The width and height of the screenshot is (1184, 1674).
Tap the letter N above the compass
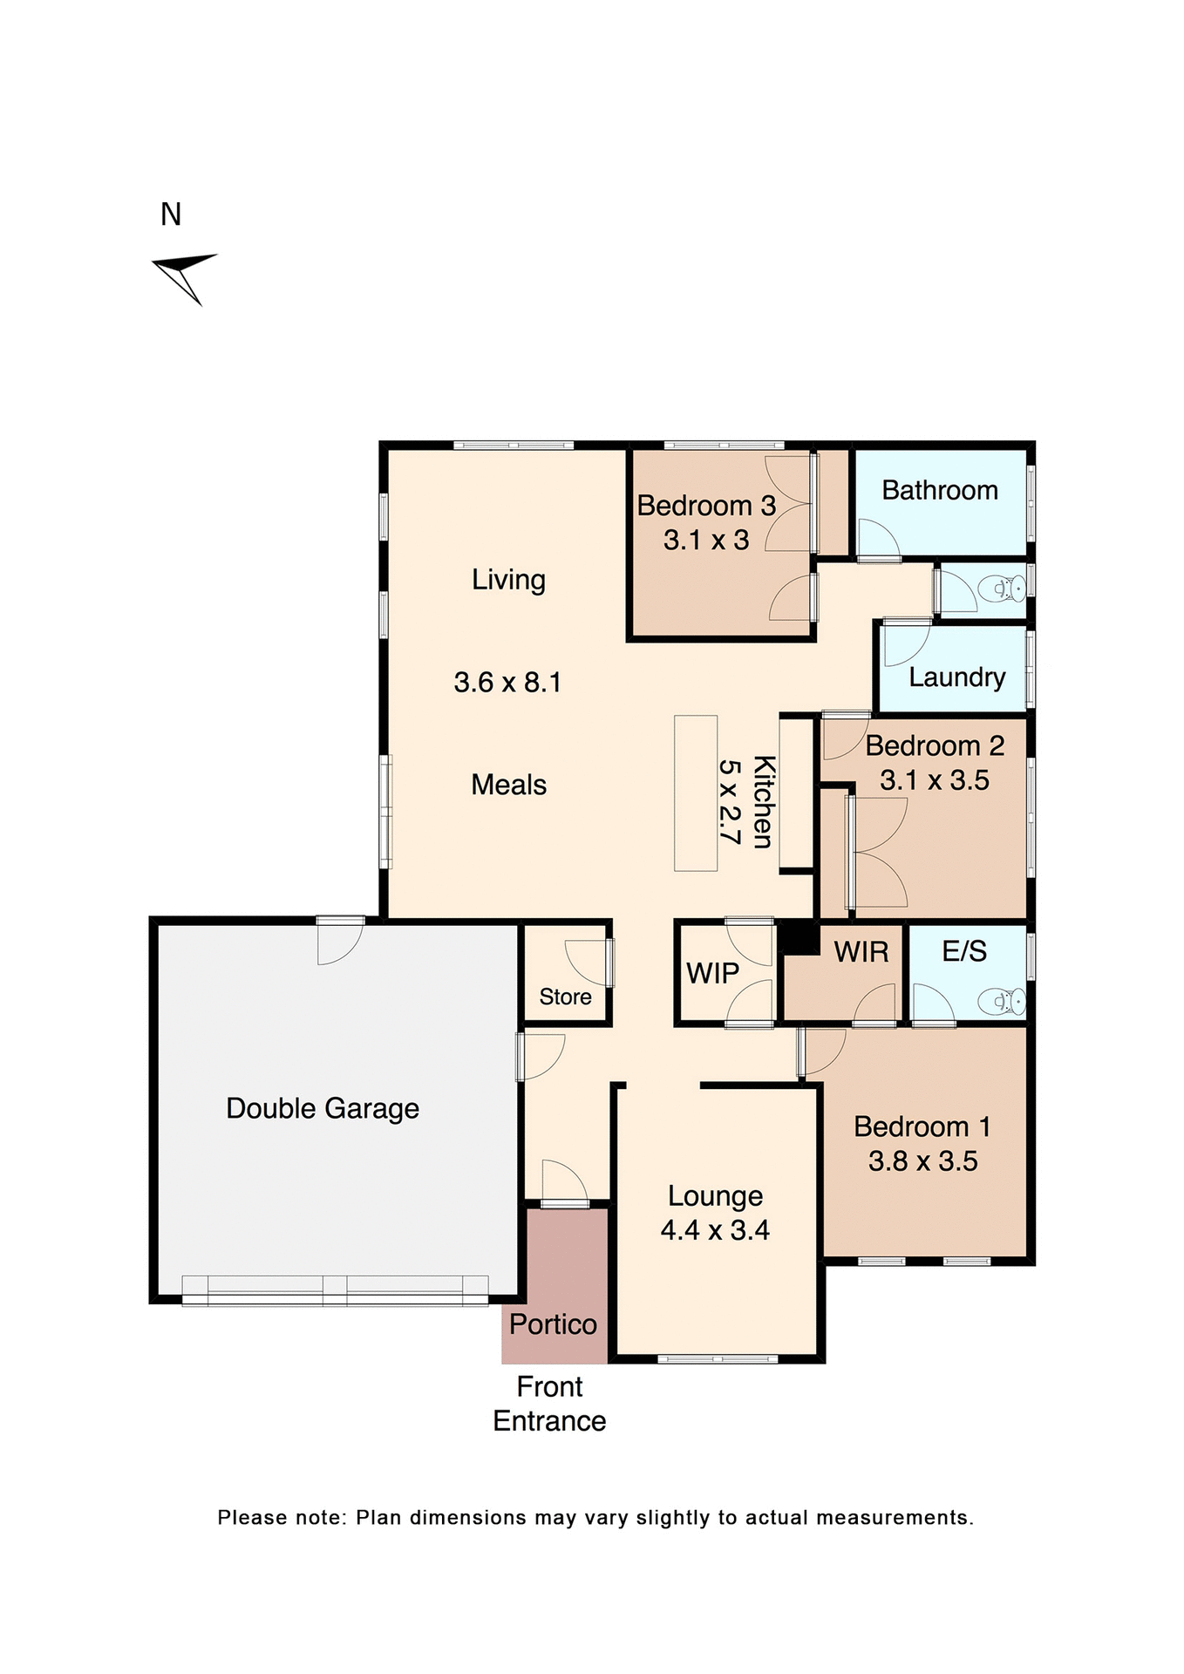pyautogui.click(x=171, y=214)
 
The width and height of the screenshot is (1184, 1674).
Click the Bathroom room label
pyautogui.click(x=939, y=491)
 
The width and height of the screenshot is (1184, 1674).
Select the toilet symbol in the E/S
pyautogui.click(x=1002, y=1002)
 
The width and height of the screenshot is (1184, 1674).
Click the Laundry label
pyautogui.click(x=956, y=677)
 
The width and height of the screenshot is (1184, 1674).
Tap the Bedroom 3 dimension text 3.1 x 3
pyautogui.click(x=706, y=541)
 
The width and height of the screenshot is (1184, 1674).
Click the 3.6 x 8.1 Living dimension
pyautogui.click(x=507, y=682)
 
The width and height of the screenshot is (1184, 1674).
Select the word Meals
pyautogui.click(x=508, y=785)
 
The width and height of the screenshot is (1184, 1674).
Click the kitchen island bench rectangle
pyautogui.click(x=696, y=793)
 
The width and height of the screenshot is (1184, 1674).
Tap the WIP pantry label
pyautogui.click(x=712, y=973)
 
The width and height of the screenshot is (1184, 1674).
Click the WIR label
pyautogui.click(x=861, y=952)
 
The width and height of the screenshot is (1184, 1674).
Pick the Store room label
pyautogui.click(x=565, y=997)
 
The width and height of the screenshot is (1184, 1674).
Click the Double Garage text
pyautogui.click(x=323, y=1108)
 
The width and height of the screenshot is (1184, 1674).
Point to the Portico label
pyautogui.click(x=553, y=1324)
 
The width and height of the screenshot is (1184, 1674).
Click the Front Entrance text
pyautogui.click(x=549, y=1404)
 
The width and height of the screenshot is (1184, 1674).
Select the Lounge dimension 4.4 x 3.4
pyautogui.click(x=715, y=1230)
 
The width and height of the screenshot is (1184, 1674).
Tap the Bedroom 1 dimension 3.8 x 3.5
pyautogui.click(x=922, y=1161)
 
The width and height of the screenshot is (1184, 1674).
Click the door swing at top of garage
pyautogui.click(x=340, y=943)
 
